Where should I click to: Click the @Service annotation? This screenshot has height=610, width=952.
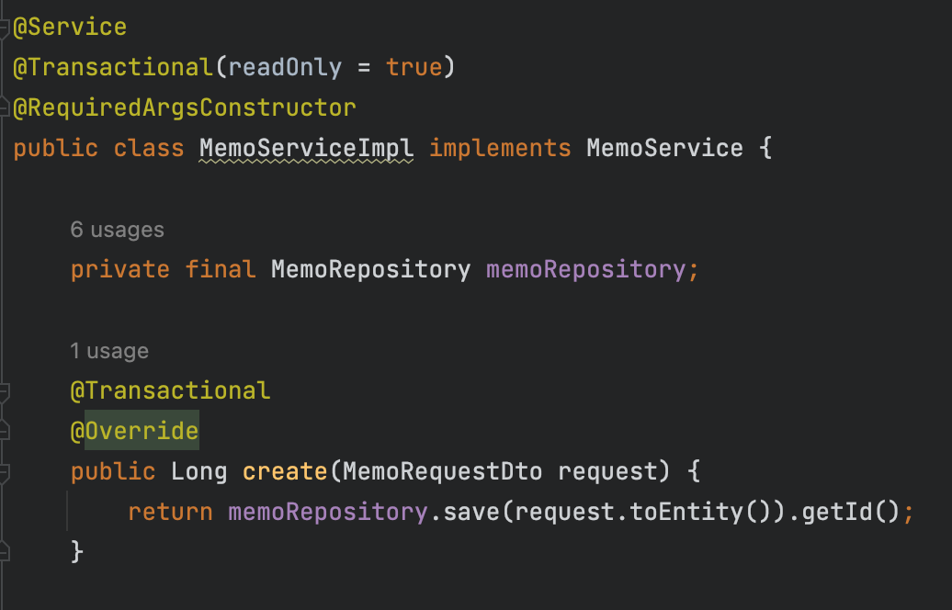(70, 28)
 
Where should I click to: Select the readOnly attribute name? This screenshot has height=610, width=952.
(285, 68)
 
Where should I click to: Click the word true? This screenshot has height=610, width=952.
(414, 68)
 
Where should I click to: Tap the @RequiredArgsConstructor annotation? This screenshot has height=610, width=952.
(184, 108)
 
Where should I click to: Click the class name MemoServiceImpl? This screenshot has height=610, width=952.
(307, 149)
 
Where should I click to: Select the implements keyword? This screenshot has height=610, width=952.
(500, 149)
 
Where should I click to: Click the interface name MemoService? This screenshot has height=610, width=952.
(664, 149)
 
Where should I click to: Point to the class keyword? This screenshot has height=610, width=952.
(149, 149)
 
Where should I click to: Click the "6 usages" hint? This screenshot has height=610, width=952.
(117, 230)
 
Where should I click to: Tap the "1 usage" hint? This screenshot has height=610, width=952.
(109, 351)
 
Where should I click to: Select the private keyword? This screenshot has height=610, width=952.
(120, 270)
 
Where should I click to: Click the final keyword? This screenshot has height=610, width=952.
(221, 270)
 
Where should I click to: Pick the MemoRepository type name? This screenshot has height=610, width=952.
(370, 270)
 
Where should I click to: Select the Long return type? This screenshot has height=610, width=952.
(199, 472)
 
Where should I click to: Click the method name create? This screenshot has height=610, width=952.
(285, 472)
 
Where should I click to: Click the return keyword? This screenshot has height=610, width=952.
(170, 513)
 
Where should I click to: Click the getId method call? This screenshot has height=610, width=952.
(837, 513)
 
